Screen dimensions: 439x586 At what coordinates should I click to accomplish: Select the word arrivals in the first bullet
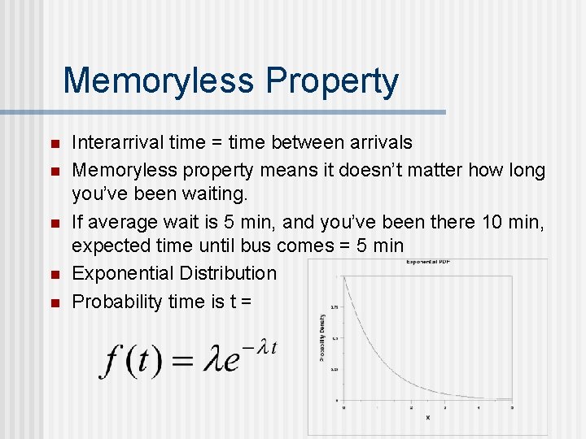375,143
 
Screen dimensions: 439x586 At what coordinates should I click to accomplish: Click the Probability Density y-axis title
322,337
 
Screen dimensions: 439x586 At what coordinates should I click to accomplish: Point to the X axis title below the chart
428,418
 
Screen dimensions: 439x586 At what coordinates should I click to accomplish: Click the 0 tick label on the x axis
343,406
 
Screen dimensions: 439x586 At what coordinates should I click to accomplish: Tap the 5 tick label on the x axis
512,406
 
